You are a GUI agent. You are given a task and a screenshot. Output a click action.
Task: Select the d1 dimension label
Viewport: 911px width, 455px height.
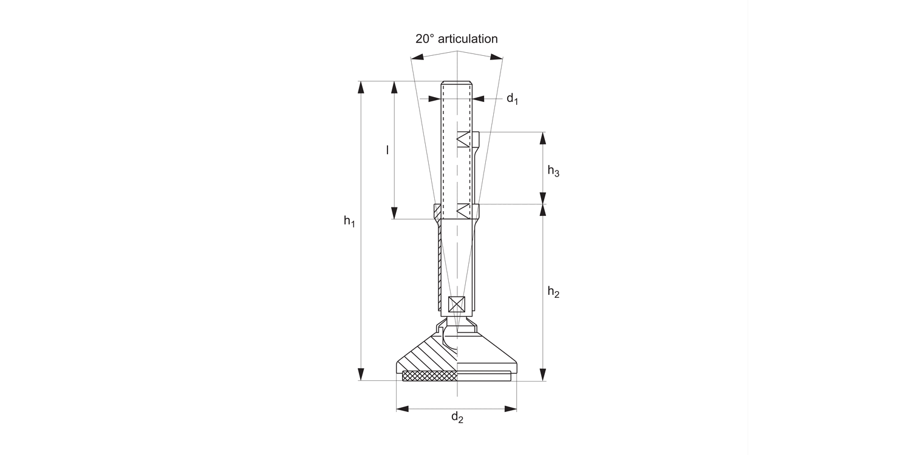point(513,99)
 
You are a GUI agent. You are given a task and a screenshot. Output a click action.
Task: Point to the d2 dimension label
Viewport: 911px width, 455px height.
point(457,417)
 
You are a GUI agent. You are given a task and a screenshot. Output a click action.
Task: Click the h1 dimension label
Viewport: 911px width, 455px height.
point(349,221)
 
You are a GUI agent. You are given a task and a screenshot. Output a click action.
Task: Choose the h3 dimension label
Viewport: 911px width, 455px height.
point(553,171)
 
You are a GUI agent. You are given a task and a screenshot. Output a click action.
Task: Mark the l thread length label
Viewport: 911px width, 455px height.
point(387,149)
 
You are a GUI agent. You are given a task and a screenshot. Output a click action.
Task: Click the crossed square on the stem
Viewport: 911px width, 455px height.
point(455,305)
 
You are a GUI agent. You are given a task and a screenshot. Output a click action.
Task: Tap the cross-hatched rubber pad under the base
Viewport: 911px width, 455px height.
point(429,377)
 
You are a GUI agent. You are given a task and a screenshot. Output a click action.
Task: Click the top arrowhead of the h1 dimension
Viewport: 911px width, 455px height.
point(362,87)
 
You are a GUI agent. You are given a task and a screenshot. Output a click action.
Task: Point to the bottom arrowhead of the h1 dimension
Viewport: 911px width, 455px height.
point(362,374)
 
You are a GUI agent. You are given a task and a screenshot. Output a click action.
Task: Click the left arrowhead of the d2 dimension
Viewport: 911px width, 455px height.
point(403,409)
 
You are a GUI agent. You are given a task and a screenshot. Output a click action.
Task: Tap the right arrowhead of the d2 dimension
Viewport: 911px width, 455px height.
point(510,409)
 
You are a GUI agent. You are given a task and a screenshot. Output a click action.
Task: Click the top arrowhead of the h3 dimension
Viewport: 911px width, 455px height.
point(544,138)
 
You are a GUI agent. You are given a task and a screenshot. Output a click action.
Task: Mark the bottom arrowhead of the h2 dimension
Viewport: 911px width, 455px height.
point(544,374)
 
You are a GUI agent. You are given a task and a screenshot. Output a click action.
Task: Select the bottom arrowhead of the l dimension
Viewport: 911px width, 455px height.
point(395,212)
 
